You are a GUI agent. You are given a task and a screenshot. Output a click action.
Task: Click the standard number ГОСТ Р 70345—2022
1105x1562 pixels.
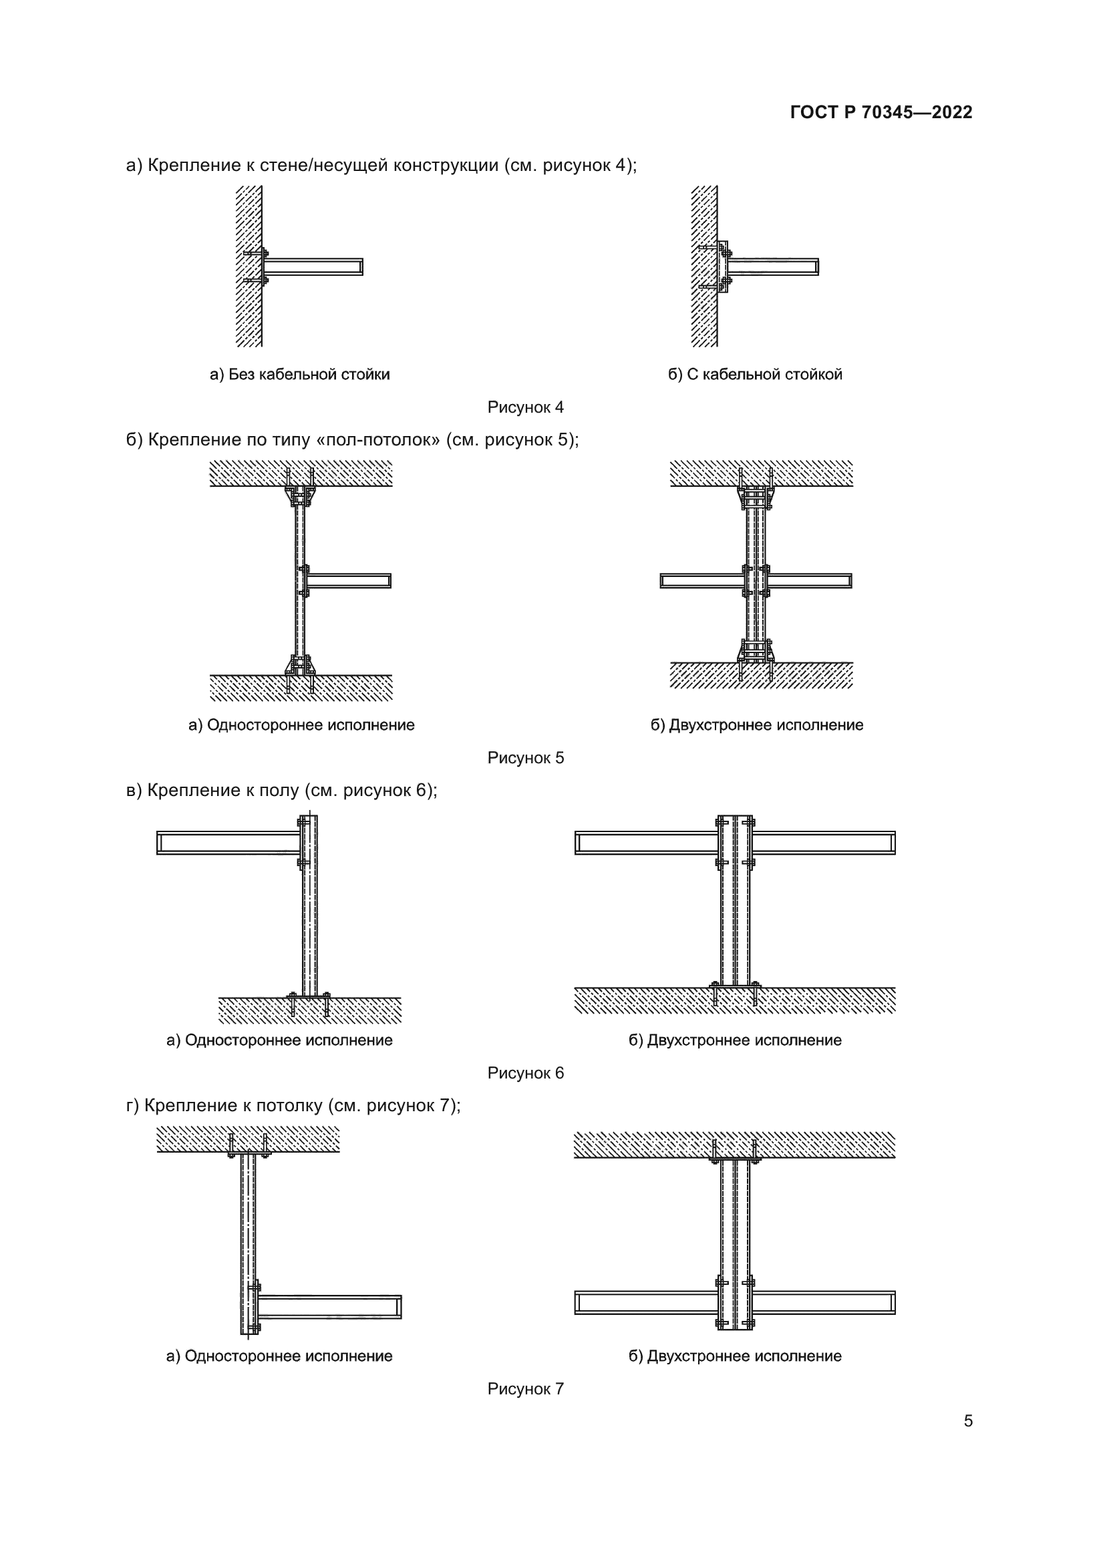pyautogui.click(x=881, y=112)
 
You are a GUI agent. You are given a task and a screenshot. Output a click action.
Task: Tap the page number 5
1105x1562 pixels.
pyautogui.click(x=968, y=1421)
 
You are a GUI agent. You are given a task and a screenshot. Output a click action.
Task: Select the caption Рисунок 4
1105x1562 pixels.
pyautogui.click(x=525, y=407)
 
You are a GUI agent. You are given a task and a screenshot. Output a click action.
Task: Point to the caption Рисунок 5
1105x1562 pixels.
pyautogui.click(x=525, y=758)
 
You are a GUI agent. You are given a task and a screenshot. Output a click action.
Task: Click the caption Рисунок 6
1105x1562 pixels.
pyautogui.click(x=525, y=1073)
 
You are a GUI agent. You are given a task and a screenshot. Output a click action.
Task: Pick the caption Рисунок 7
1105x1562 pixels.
pyautogui.click(x=525, y=1389)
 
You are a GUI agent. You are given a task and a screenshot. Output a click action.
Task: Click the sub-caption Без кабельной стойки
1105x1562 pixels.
pyautogui.click(x=299, y=374)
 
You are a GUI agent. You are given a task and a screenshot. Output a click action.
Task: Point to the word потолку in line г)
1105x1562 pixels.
pyautogui.click(x=289, y=1106)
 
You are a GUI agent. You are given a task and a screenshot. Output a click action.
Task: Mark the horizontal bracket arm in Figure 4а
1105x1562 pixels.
pyautogui.click(x=313, y=266)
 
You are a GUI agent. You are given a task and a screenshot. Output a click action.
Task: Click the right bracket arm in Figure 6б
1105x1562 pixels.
pyautogui.click(x=823, y=843)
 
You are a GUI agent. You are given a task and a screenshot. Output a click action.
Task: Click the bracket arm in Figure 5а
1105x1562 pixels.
pyautogui.click(x=348, y=580)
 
